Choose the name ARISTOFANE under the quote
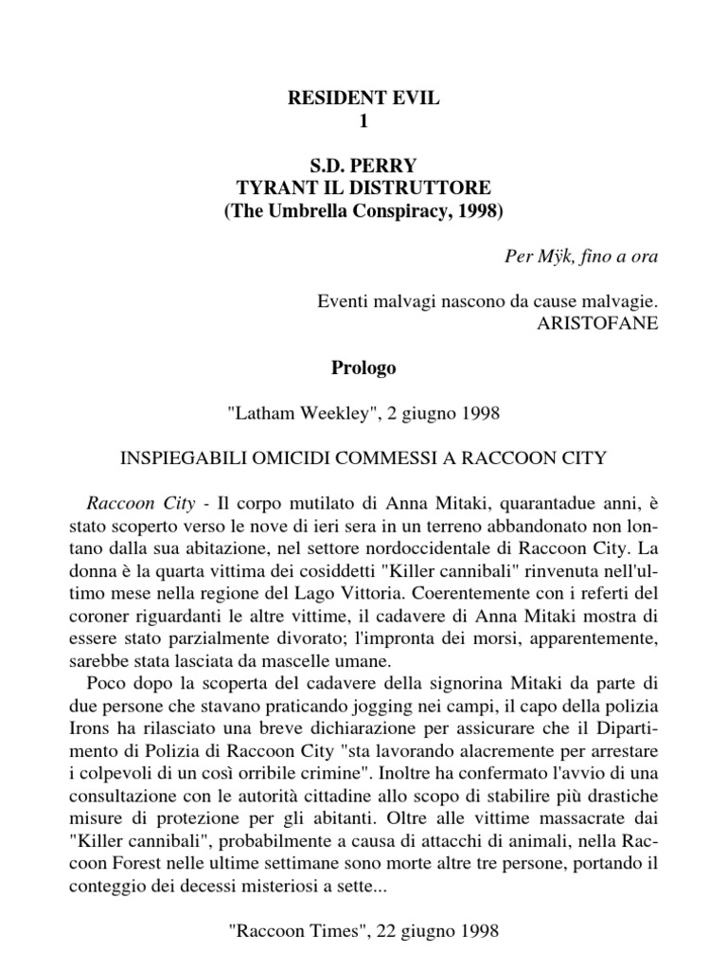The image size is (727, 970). [x=595, y=321]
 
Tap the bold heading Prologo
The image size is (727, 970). [x=364, y=368]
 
